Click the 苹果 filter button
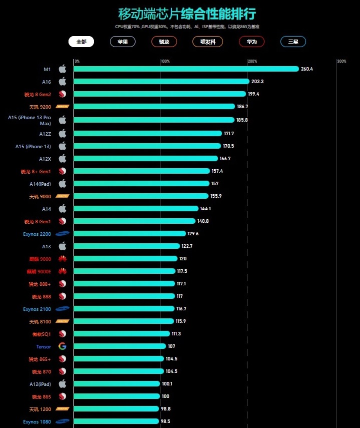[x=122, y=42]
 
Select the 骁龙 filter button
[x=164, y=42]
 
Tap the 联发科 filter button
[x=207, y=42]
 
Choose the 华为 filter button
[x=251, y=42]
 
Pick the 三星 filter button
[x=293, y=42]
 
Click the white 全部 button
[x=81, y=42]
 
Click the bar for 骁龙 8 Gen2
[x=159, y=94]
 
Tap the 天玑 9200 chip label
[x=40, y=107]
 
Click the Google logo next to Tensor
[x=62, y=346]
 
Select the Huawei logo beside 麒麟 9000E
[x=62, y=271]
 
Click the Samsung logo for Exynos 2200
[x=62, y=234]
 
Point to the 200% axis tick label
[x=252, y=62]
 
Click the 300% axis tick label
[x=341, y=62]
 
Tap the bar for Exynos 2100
[x=124, y=309]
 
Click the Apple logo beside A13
[x=62, y=246]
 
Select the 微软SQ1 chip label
[x=41, y=334]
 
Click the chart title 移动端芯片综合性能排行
[x=190, y=14]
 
